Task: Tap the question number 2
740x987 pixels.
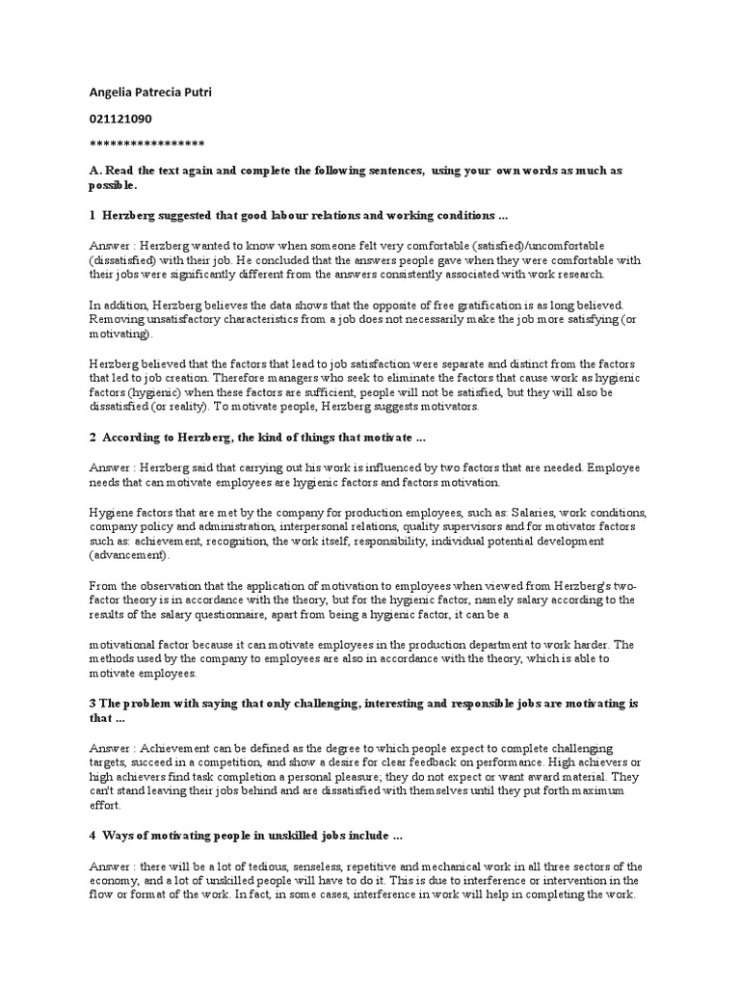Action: click(92, 437)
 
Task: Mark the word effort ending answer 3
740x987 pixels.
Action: click(104, 803)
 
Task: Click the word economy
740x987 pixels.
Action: click(115, 880)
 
